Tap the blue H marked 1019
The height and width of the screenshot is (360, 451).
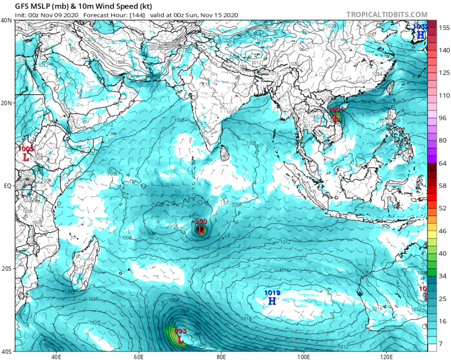pos(272,301)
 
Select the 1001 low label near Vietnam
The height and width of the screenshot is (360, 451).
pos(335,110)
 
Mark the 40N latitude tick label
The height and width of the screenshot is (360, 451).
pos(6,21)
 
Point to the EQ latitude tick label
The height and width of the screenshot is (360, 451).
pos(7,186)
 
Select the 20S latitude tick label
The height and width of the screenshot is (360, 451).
pos(7,268)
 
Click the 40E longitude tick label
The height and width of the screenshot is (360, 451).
pos(56,357)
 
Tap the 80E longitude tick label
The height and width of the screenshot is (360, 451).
pos(221,357)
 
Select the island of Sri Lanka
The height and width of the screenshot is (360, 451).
pos(223,153)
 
